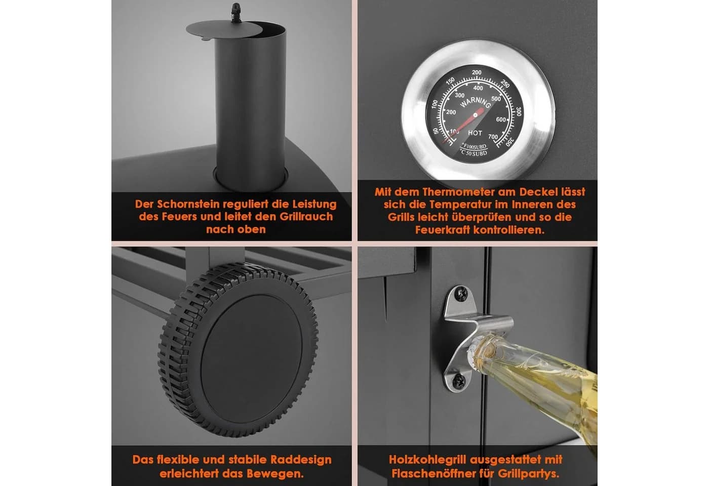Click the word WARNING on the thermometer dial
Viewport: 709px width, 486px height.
[x=476, y=102]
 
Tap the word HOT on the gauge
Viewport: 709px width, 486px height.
[x=475, y=133]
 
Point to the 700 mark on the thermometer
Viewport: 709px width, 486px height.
[x=493, y=137]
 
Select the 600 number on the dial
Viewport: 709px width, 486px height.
[x=501, y=119]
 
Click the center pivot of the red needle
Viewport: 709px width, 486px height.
[x=475, y=115]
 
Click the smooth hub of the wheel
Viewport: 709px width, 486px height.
[x=252, y=359]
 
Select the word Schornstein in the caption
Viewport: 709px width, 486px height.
[x=188, y=204]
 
